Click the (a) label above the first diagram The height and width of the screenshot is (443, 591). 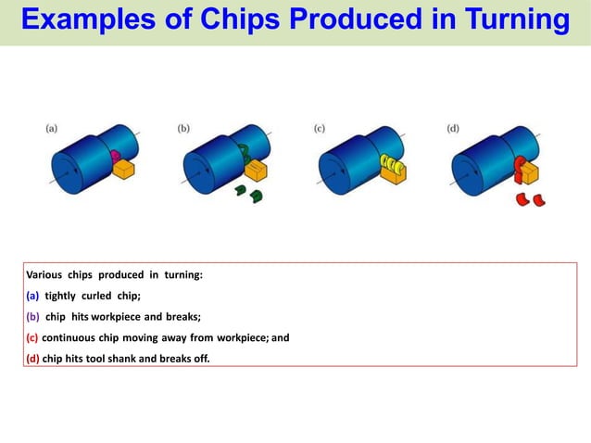tap(55, 129)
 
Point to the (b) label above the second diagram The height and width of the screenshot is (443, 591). tap(184, 129)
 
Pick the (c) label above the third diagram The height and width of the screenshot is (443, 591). tap(320, 129)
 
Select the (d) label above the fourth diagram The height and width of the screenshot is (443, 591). tap(453, 129)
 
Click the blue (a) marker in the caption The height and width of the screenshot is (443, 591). tap(32, 297)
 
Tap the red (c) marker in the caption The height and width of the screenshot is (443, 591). tap(32, 338)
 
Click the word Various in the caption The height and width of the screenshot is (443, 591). tap(44, 275)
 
